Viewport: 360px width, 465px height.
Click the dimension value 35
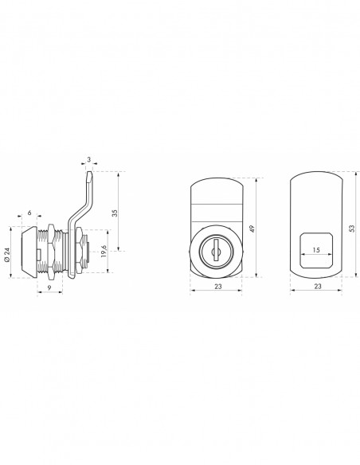click(x=115, y=213)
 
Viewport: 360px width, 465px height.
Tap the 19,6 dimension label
click(x=104, y=251)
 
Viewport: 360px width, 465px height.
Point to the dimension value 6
click(x=29, y=213)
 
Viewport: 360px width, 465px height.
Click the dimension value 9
click(x=49, y=287)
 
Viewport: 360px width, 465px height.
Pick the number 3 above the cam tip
click(x=89, y=159)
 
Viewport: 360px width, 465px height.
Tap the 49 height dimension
click(x=252, y=229)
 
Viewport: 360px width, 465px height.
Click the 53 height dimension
click(x=352, y=228)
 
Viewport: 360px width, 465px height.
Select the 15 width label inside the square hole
click(x=316, y=250)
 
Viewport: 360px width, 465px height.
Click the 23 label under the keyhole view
click(x=218, y=286)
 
